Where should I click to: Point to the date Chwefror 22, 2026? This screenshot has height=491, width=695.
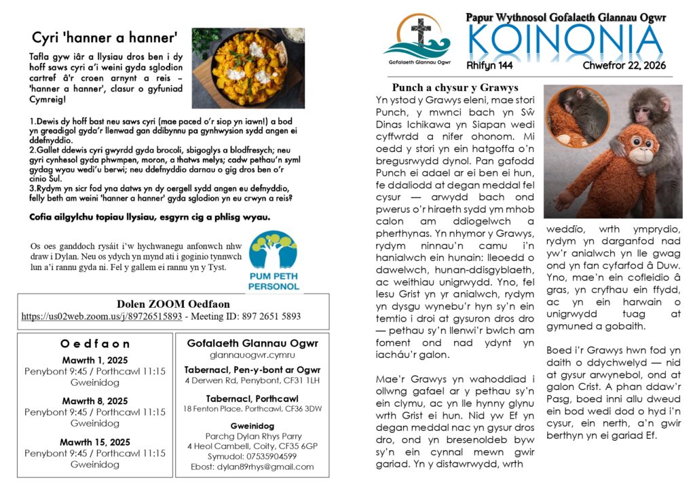point(624,66)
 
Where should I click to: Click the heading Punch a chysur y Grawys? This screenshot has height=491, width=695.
point(455,87)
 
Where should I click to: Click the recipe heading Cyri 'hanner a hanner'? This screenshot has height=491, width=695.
point(105,37)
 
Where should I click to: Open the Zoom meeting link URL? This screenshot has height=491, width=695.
point(102,316)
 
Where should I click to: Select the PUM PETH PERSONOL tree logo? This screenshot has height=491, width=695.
point(274,262)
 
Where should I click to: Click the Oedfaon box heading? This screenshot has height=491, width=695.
point(95,344)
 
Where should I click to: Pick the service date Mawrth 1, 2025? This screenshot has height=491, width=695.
point(95,361)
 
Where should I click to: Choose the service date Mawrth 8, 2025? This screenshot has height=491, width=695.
point(95,401)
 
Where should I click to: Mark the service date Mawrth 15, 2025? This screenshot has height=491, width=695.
point(95,442)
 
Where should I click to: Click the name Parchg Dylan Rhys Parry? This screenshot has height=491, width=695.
point(252,435)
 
